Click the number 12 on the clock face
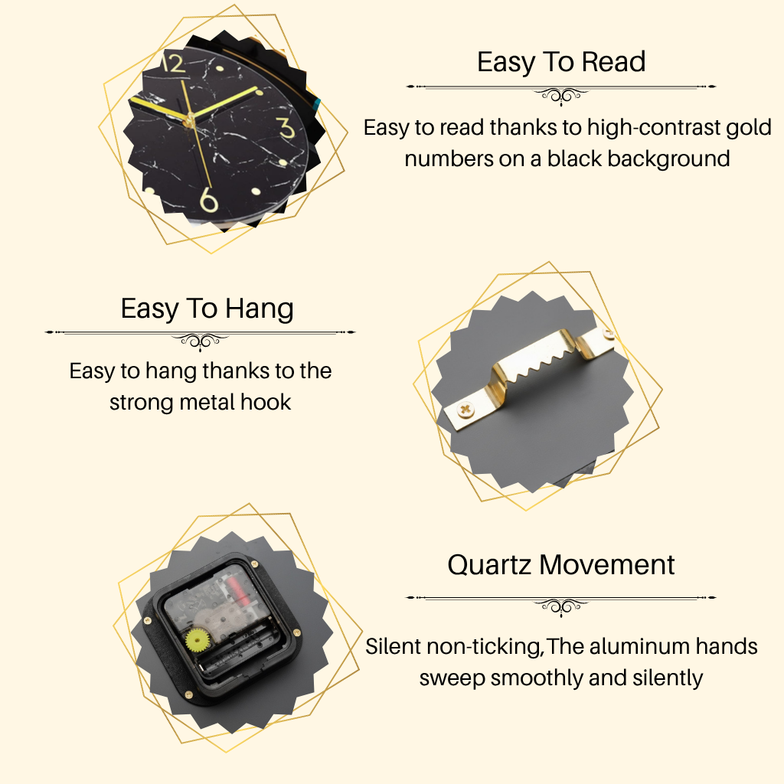pos(173,64)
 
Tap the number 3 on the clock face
pos(286,128)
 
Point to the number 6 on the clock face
pos(208,200)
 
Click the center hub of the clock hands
pos(189,119)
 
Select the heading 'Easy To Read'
pos(561,62)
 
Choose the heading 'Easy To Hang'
pos(207,309)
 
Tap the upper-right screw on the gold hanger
pos(608,335)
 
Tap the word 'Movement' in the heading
pos(607,565)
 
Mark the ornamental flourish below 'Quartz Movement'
pos(561,606)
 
